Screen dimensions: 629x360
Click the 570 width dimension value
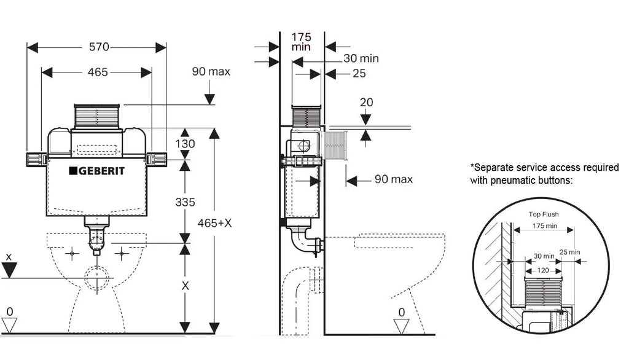point(99,47)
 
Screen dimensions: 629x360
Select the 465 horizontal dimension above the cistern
point(98,72)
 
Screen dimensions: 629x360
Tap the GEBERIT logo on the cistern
point(96,171)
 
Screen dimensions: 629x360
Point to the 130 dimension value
point(185,144)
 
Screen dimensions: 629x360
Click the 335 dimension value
point(185,202)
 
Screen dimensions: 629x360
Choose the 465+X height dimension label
point(214,223)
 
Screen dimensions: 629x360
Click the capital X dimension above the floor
point(185,286)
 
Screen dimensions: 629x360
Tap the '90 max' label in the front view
point(211,71)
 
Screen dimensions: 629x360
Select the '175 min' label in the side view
point(301,42)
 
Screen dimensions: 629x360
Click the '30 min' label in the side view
point(361,58)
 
